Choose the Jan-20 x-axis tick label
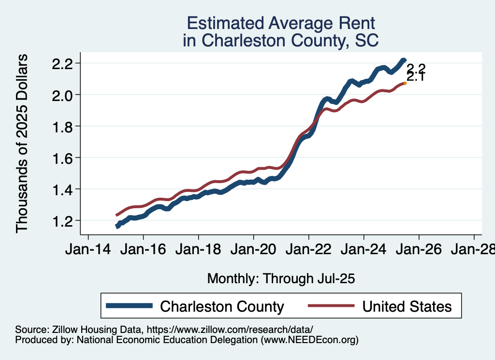pos(254,250)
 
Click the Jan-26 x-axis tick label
pos(419,250)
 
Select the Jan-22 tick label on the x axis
pos(309,250)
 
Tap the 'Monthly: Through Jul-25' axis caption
pos(281,279)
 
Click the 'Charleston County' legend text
pos(222,306)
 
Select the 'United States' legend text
pos(407,306)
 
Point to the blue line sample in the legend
pos(130,306)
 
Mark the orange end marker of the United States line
pos(405,83)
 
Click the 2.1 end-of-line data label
pos(415,76)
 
